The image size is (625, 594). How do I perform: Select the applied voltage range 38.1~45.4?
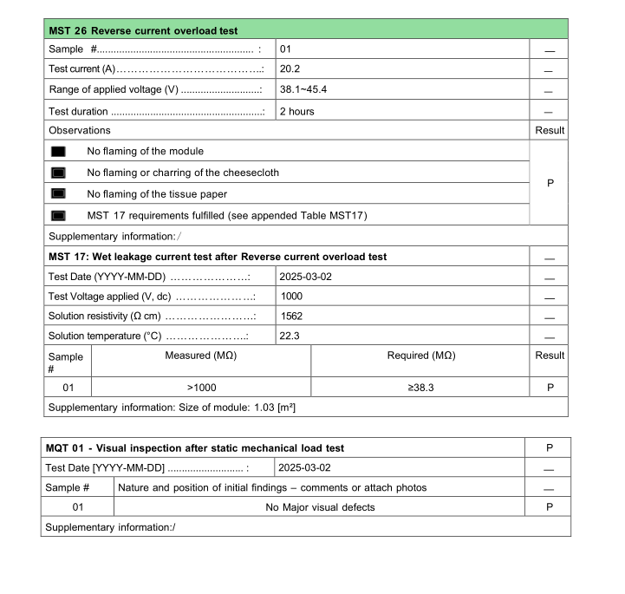pyautogui.click(x=303, y=90)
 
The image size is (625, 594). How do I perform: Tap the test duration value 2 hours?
pyautogui.click(x=296, y=111)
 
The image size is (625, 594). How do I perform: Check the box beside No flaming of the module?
pyautogui.click(x=59, y=151)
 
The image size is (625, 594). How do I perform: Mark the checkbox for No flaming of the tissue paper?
pyautogui.click(x=59, y=193)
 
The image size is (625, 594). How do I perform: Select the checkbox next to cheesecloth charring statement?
pyautogui.click(x=59, y=173)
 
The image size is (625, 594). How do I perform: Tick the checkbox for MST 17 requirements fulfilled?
pyautogui.click(x=59, y=215)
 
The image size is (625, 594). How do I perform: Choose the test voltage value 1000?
pyautogui.click(x=291, y=296)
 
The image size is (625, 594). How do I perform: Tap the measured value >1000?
pyautogui.click(x=200, y=388)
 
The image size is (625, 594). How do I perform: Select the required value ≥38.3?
pyautogui.click(x=420, y=388)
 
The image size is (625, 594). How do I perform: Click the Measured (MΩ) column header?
pyautogui.click(x=200, y=356)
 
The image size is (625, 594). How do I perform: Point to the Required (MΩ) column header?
pyautogui.click(x=420, y=356)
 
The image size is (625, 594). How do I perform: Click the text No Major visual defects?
pyautogui.click(x=320, y=507)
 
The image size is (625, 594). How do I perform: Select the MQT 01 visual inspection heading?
pyautogui.click(x=195, y=448)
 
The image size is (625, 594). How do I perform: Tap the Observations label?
pyautogui.click(x=80, y=130)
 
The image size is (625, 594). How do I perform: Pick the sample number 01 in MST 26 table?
pyautogui.click(x=285, y=49)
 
